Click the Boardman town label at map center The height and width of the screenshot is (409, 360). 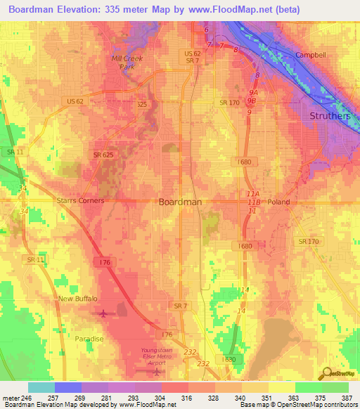[x=181, y=202]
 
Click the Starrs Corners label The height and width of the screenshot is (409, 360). [x=80, y=201]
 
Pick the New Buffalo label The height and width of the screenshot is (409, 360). [x=77, y=299]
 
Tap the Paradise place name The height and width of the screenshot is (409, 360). [x=89, y=339]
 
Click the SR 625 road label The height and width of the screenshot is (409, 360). [x=103, y=155]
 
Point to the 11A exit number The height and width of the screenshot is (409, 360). [x=253, y=194]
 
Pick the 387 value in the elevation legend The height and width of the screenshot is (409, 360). [x=347, y=398]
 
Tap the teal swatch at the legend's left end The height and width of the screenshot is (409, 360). [x=41, y=387]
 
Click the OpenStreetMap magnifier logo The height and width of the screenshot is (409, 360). [x=327, y=373]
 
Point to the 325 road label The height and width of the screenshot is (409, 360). [x=142, y=105]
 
